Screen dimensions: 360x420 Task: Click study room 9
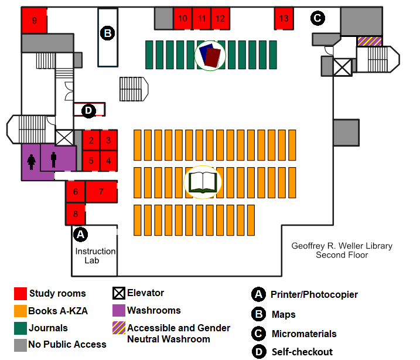pos(34,21)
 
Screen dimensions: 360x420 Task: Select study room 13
pos(284,18)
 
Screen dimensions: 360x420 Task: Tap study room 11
pos(202,19)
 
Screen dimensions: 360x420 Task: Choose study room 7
pos(101,191)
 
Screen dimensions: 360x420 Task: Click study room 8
pos(76,213)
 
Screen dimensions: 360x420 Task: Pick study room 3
pos(108,141)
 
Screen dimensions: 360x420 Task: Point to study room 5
pos(91,159)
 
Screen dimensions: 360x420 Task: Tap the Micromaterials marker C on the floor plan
pos(317,18)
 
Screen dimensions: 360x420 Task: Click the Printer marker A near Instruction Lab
pos(81,234)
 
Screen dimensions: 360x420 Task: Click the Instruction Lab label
pos(95,255)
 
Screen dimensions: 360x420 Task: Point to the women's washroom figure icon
pos(31,161)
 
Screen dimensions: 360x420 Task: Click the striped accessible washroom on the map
pos(369,41)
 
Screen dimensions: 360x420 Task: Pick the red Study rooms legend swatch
pos(20,294)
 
